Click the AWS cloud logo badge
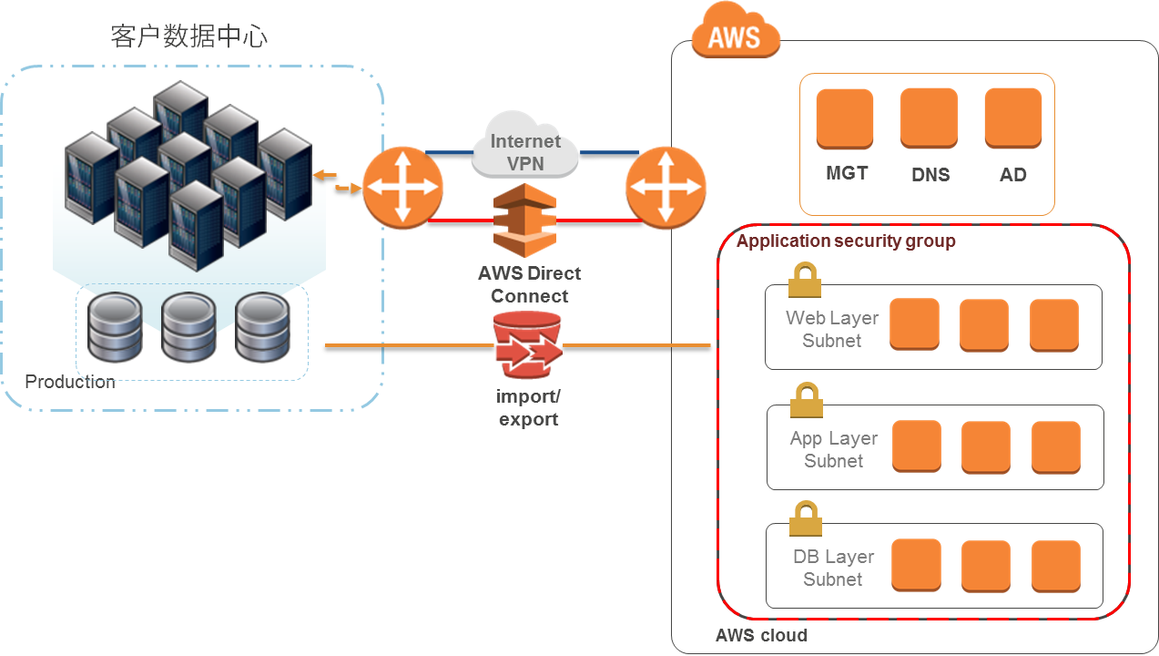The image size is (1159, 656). click(736, 36)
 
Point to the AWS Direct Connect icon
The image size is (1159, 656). click(524, 221)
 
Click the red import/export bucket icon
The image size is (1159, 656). click(527, 346)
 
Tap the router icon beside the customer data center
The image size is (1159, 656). click(402, 188)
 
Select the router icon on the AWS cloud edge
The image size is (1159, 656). click(666, 188)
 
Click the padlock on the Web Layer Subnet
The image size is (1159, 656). click(804, 280)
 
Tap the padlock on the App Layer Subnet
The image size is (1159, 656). click(806, 400)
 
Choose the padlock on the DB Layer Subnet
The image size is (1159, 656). click(806, 518)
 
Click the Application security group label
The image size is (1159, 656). click(846, 241)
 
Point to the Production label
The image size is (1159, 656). click(70, 382)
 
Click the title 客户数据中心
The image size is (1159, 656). click(189, 36)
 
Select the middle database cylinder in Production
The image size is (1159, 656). click(188, 327)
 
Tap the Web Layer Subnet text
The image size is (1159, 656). click(832, 329)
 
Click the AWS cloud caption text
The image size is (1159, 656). click(761, 635)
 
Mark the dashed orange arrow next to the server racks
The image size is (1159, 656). click(336, 181)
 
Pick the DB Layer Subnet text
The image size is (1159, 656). click(833, 568)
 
